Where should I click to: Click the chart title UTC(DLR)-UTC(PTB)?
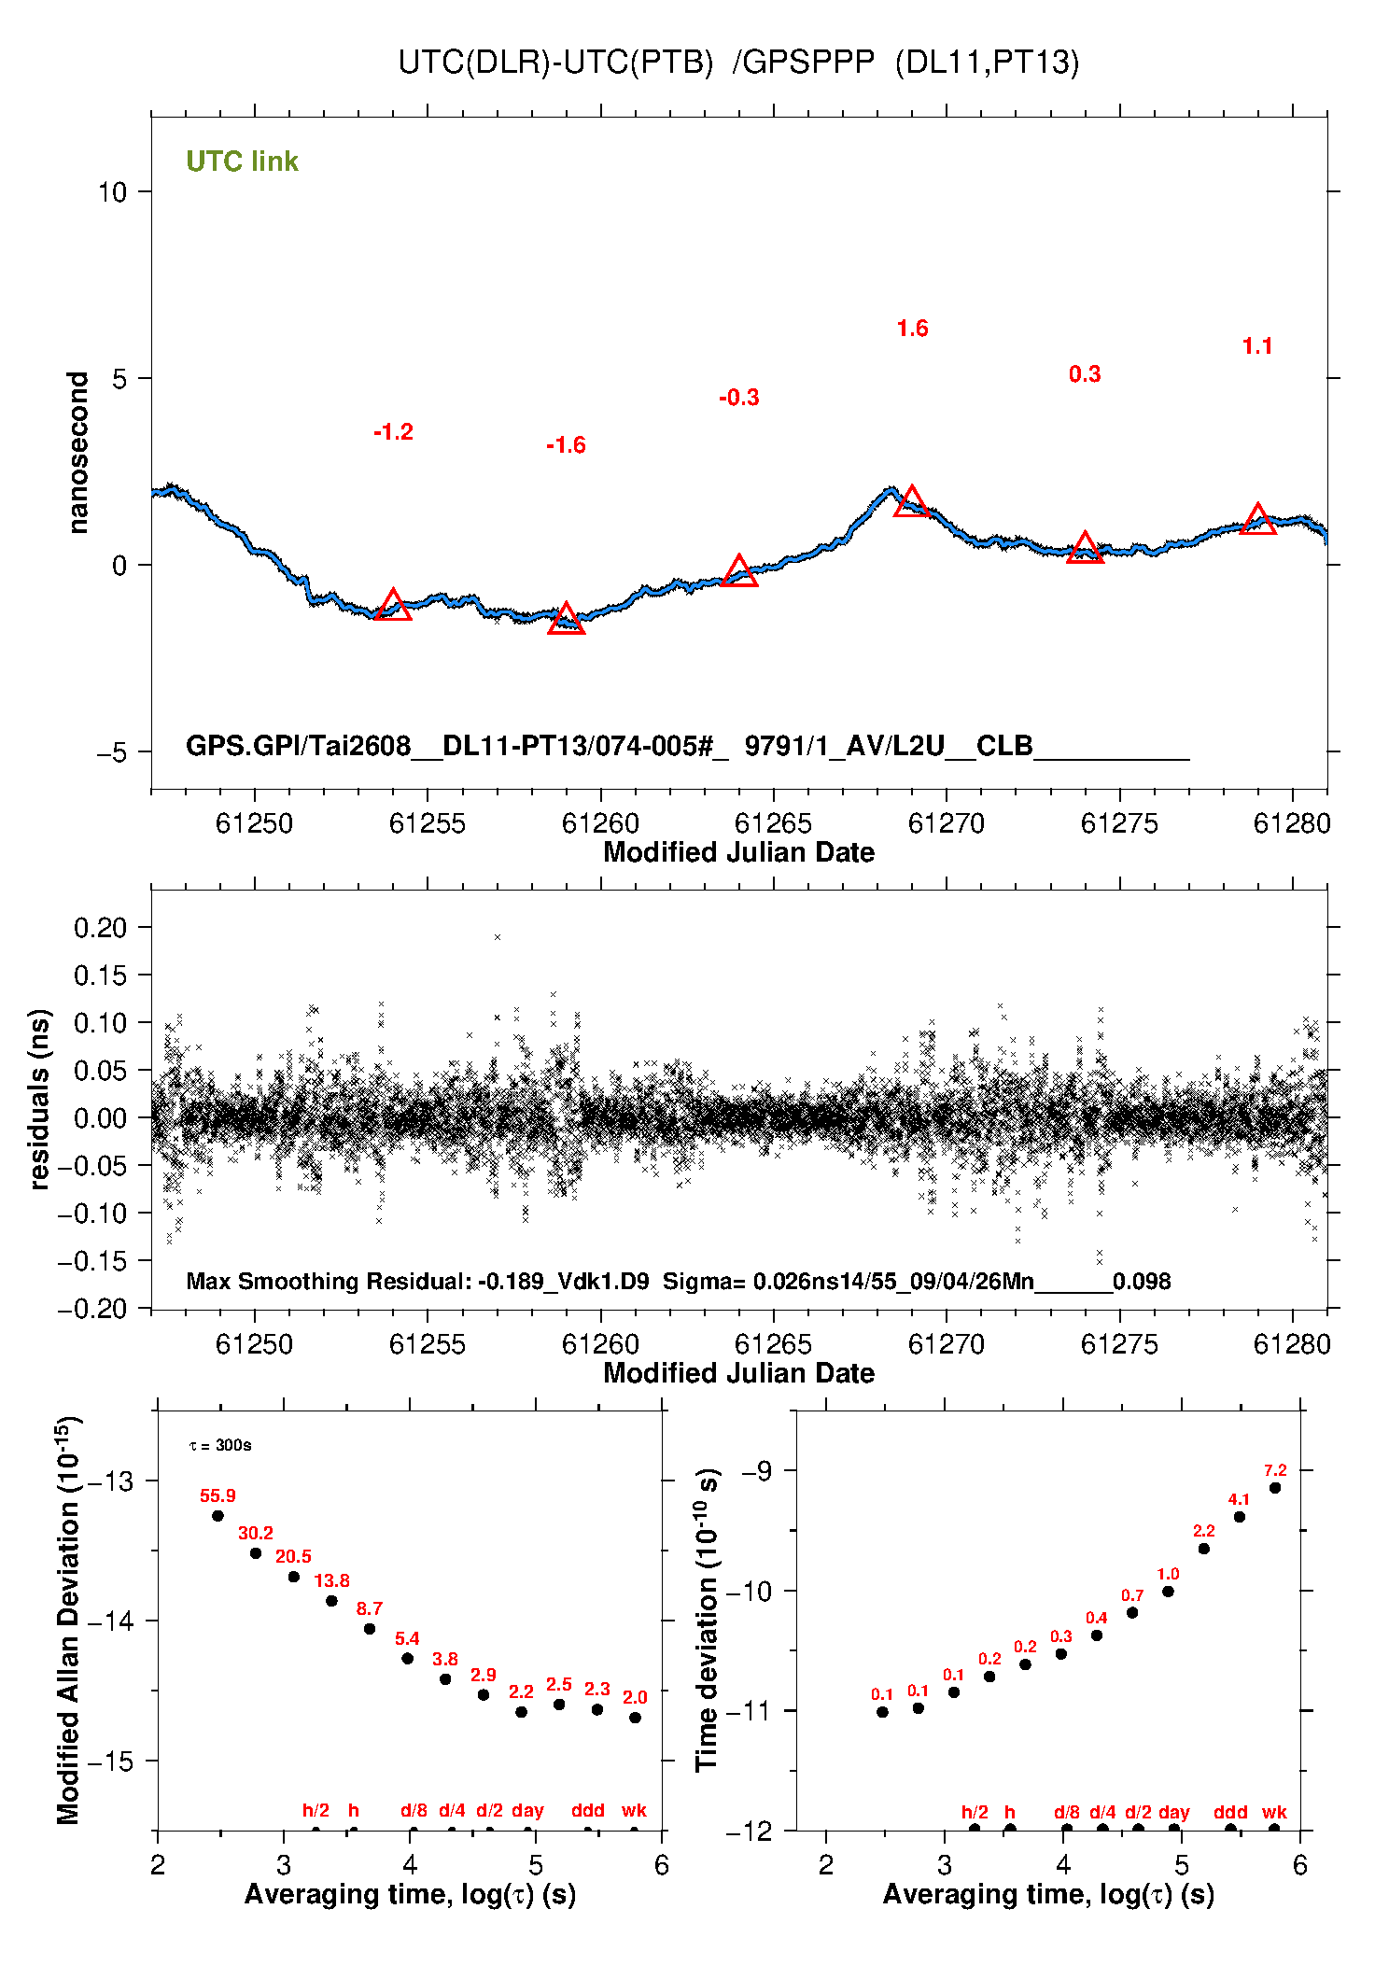555,63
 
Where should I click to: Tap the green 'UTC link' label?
242,161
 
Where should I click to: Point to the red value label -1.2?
393,432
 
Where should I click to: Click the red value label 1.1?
1257,346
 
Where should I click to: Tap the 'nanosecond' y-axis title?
77,453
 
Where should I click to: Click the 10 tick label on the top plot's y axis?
112,191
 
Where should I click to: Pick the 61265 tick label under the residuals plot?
773,1344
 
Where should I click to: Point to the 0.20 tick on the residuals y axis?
100,927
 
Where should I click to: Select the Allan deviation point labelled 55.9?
217,1515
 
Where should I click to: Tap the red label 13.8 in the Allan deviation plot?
331,1580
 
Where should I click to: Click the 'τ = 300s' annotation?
220,1445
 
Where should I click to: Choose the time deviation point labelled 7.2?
1275,1488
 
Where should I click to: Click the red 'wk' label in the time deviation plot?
1274,1812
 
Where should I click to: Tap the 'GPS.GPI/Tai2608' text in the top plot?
299,746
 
